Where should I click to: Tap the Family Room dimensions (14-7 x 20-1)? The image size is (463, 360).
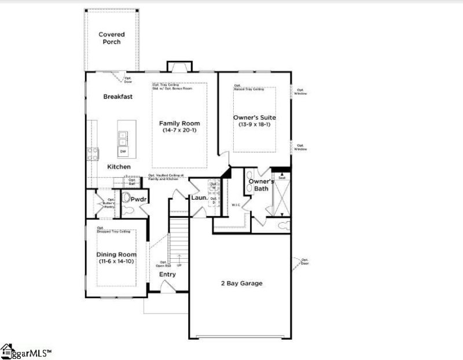point(179,131)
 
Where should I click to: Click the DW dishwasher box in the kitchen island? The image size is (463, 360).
point(123,151)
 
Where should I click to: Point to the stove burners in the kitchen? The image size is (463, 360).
point(93,153)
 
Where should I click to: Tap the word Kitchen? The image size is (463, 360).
point(119,167)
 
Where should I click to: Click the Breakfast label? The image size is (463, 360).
point(118,97)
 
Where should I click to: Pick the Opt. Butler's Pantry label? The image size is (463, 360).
point(108,203)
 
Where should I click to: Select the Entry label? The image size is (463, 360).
point(167,274)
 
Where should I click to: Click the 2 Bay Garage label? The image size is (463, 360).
point(241,284)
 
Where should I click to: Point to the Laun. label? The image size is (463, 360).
point(199,198)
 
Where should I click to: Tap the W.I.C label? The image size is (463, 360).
point(235,204)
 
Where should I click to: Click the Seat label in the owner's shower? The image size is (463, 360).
point(282,178)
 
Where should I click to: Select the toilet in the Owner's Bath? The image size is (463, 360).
point(283,225)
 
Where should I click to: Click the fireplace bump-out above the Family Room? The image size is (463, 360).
point(177,66)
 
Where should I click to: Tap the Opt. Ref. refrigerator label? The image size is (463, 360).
point(132,182)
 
